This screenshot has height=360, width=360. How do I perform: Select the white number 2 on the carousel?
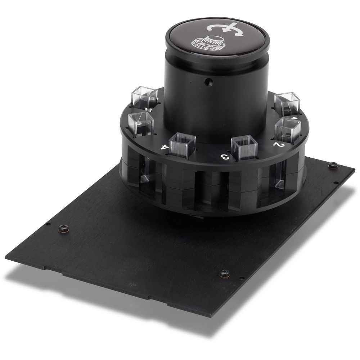[279, 144]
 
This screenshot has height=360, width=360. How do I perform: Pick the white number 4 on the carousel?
[165, 147]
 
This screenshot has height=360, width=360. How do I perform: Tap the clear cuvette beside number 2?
[288, 130]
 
